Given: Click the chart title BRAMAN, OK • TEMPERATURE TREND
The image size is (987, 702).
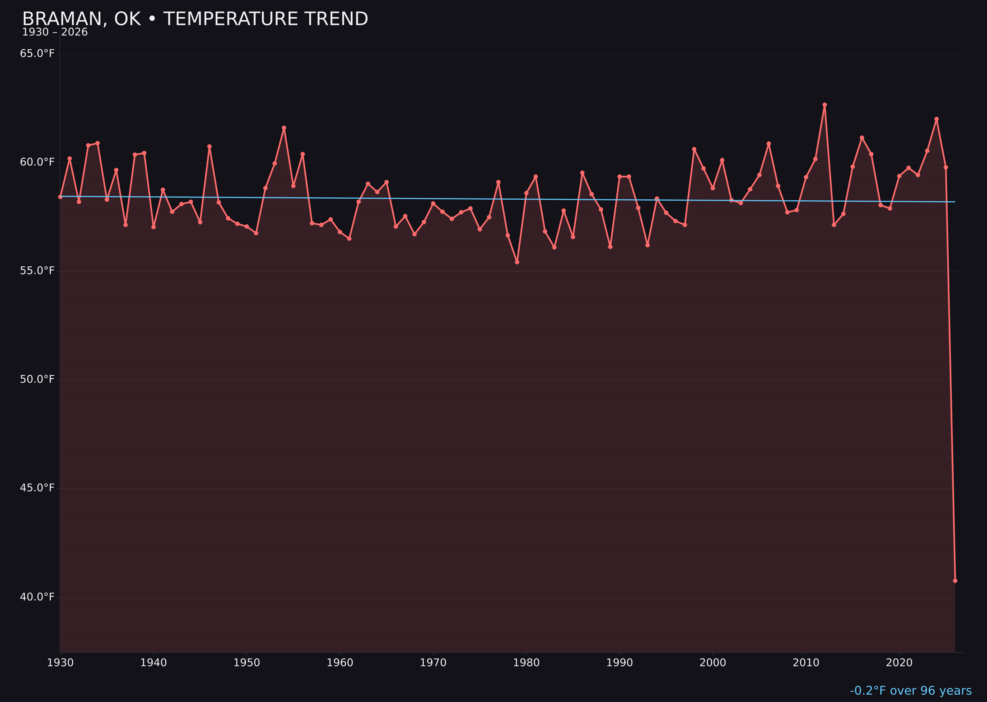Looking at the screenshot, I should coord(195,19).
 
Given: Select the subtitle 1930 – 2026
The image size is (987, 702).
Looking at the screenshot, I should coord(55,32).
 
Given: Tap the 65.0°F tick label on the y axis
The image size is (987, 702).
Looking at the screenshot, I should coord(37,54).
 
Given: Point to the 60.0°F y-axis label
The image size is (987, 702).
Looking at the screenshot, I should coord(37,162).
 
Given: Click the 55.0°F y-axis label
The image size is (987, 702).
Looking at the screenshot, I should coord(37,271).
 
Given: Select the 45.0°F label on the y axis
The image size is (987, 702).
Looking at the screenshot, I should coord(37,488).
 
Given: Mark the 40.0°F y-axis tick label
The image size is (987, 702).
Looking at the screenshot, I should coord(37,597).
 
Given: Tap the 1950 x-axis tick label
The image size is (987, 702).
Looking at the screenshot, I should coord(247,663).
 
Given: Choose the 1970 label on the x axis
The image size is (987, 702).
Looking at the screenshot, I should coord(433,663).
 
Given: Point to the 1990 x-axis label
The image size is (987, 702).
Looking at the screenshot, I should coord(619,663).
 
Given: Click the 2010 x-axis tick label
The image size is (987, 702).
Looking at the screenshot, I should coord(806,663).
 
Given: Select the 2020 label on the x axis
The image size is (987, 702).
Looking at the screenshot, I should coord(899,663).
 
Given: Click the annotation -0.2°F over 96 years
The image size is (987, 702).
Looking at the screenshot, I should coord(911,690).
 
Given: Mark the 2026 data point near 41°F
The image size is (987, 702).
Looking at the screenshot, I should coord(955,581).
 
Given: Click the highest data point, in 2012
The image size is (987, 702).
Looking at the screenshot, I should coord(825,105).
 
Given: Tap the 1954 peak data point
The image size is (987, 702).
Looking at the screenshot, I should coord(284,128).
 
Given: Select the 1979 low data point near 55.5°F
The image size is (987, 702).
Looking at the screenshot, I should coord(517,262).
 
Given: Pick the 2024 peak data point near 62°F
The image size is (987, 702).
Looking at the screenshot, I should coord(936,119).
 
